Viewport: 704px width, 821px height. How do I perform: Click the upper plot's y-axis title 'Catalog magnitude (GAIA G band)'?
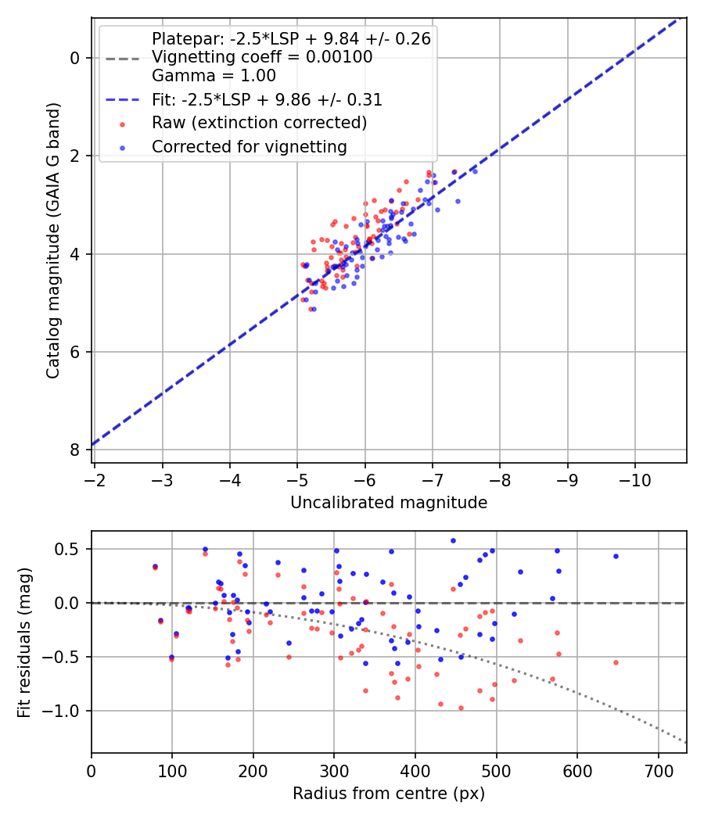52,241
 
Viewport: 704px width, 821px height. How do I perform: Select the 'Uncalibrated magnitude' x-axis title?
389,503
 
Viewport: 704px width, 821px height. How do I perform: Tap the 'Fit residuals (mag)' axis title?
24,643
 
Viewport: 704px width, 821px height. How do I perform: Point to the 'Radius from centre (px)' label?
389,794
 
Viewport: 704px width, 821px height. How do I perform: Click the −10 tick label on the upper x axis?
635,480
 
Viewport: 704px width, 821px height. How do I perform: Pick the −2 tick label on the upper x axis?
95,480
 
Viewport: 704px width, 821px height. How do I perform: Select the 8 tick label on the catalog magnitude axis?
75,450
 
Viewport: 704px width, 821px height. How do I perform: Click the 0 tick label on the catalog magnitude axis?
75,58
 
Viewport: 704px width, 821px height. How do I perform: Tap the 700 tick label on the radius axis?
659,771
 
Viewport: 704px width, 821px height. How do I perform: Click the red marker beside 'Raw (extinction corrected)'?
123,124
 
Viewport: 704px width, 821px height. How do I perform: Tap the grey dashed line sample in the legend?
123,59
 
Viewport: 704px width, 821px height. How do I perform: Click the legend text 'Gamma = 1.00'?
214,76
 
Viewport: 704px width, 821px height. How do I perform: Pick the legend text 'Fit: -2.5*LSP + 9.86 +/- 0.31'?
268,99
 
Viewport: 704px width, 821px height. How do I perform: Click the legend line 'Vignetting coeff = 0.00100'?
262,57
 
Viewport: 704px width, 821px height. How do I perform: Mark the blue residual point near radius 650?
616,556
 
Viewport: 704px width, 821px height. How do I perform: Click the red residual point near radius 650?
616,662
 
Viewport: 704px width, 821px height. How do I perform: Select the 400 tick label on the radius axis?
415,771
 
